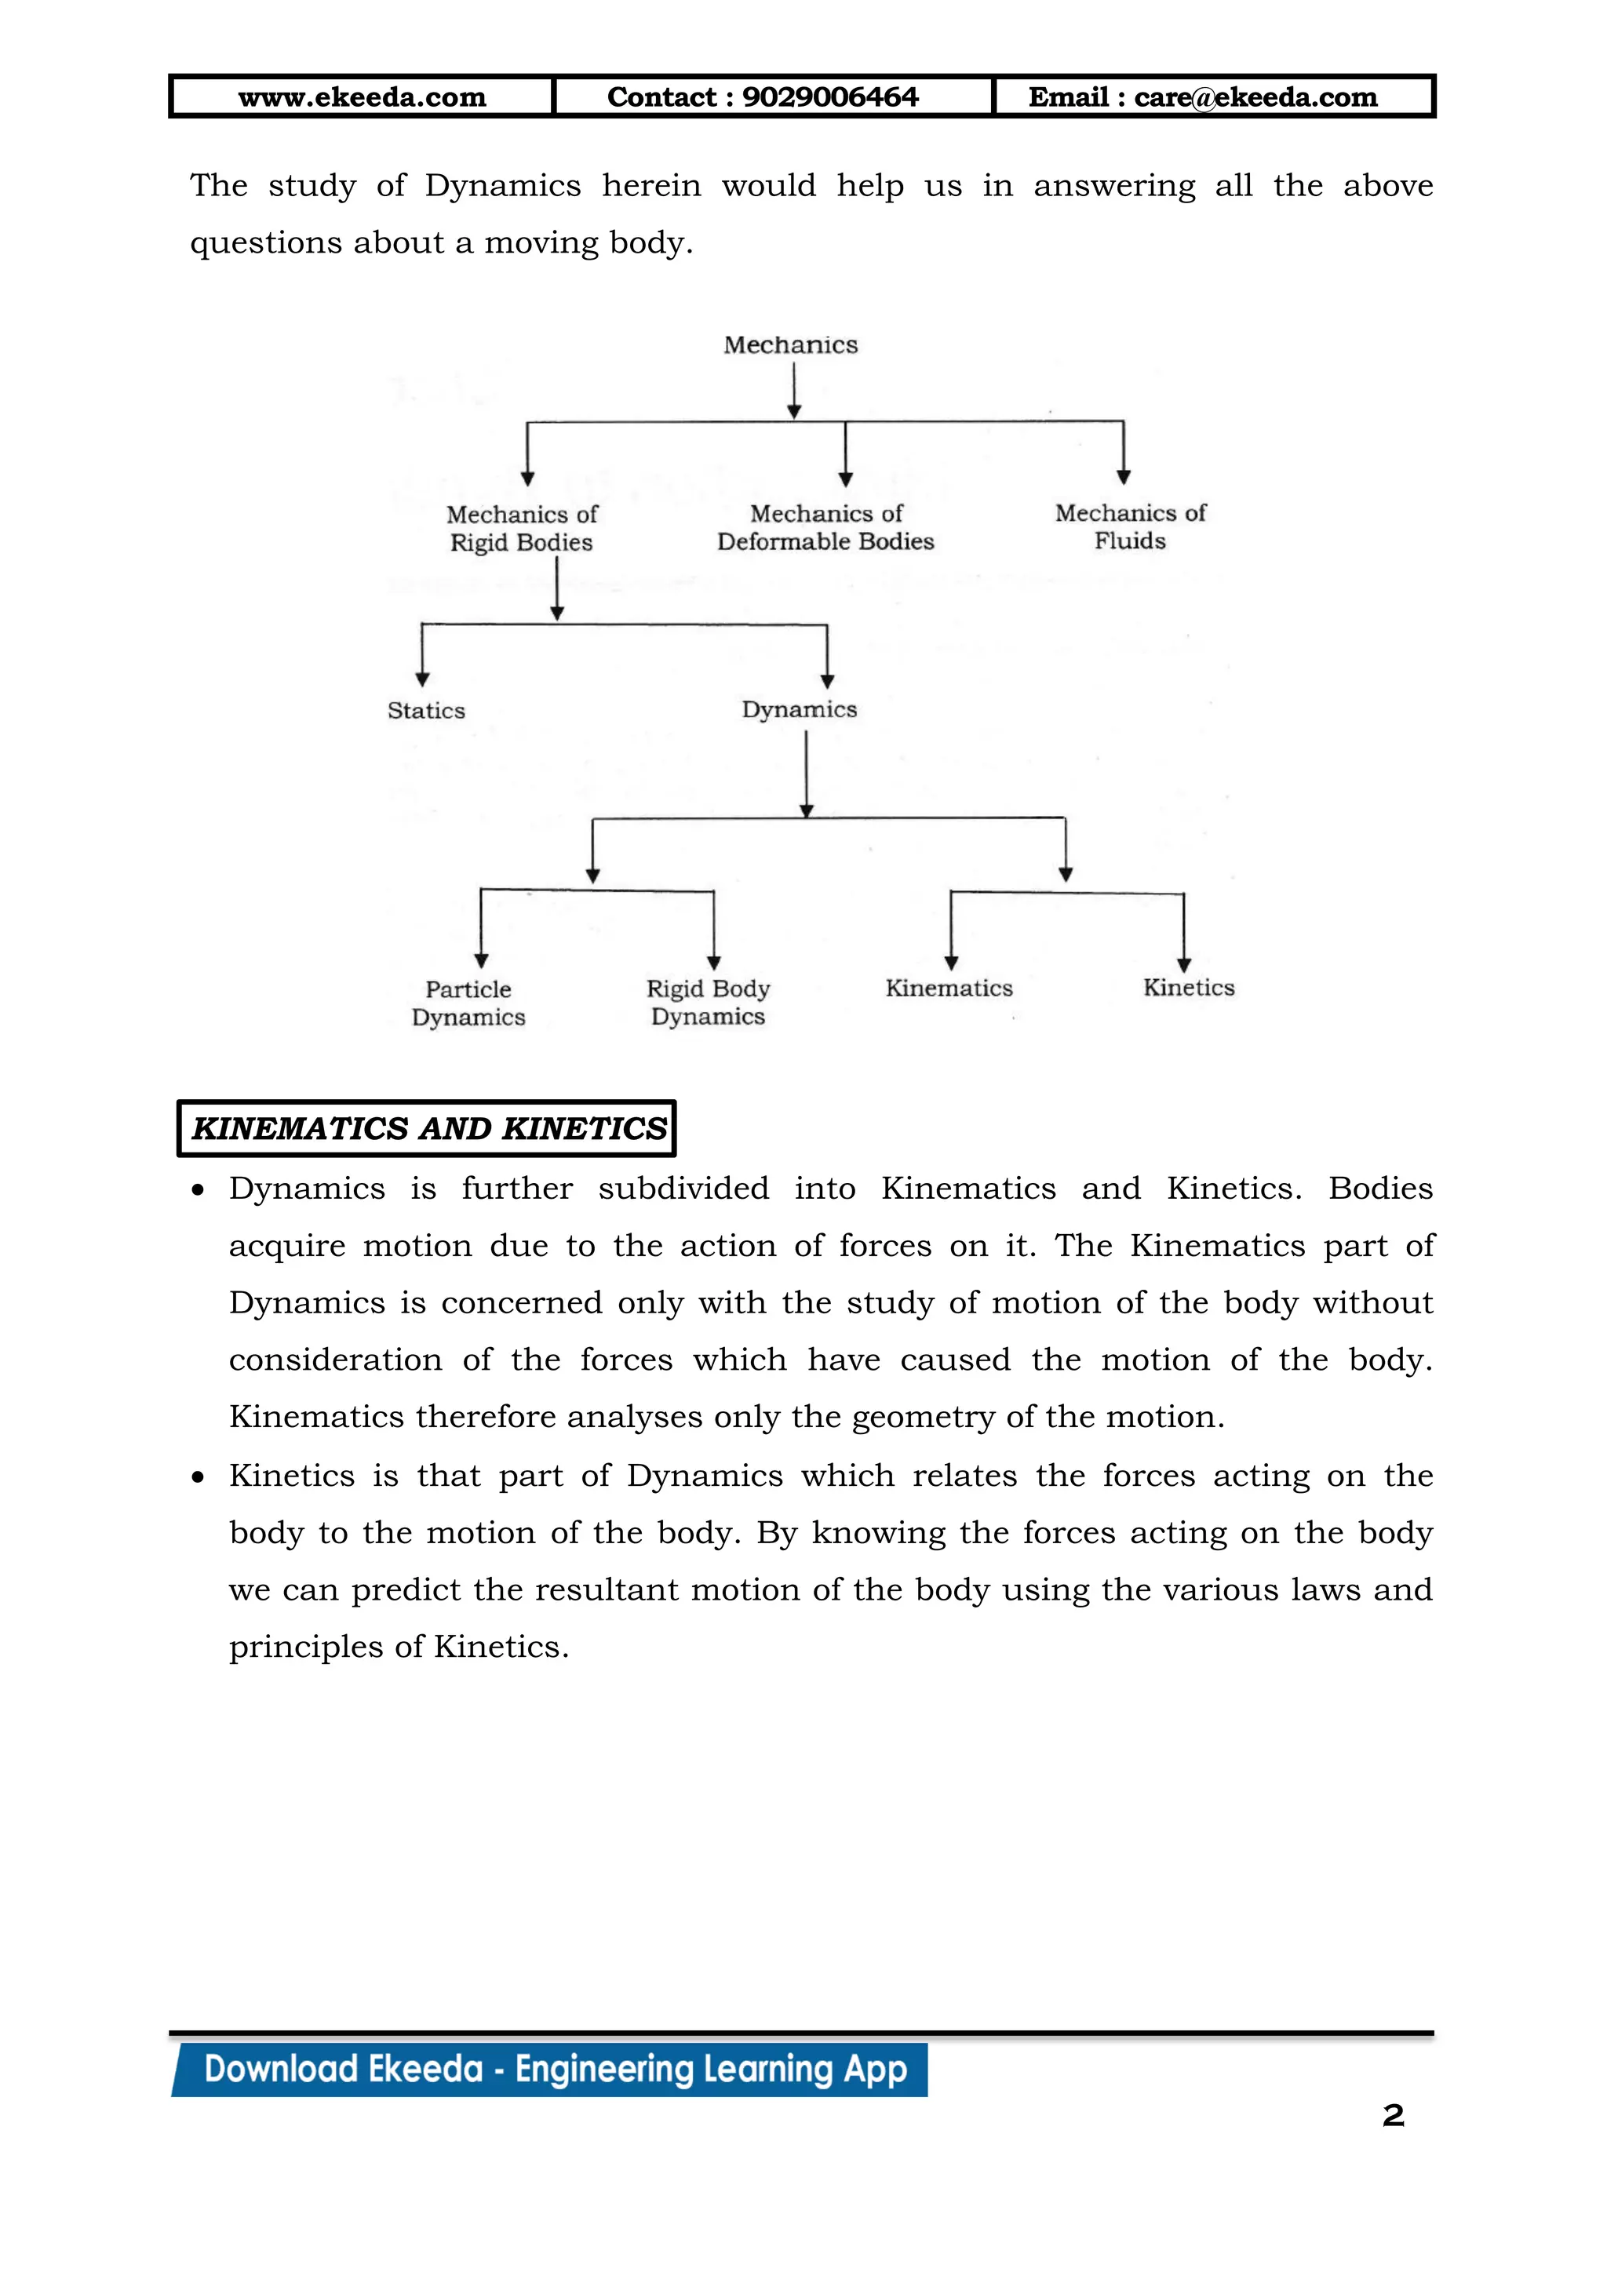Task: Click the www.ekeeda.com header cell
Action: point(363,97)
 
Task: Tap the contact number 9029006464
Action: point(830,97)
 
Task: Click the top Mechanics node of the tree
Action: point(791,345)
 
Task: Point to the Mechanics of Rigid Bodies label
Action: point(522,529)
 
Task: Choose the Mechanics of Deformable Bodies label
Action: point(825,527)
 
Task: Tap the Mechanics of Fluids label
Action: point(1130,526)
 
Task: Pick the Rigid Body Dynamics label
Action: point(708,1003)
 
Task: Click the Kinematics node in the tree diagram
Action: point(949,989)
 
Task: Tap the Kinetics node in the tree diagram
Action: point(1189,988)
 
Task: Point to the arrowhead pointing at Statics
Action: point(422,680)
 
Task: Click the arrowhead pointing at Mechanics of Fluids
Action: point(1123,478)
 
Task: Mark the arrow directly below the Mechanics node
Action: point(793,391)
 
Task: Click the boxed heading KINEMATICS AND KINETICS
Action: point(427,1128)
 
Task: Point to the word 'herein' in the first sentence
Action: point(651,186)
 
